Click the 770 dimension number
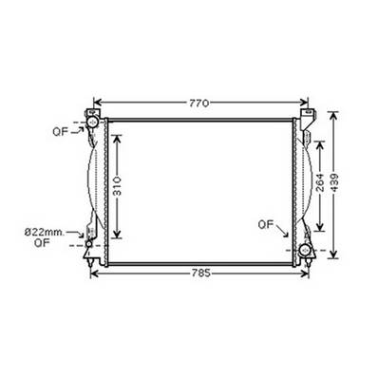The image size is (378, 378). coord(198,101)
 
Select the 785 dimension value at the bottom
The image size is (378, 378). coord(198,273)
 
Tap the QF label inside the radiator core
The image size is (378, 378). coord(267,224)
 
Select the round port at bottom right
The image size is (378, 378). coord(305,250)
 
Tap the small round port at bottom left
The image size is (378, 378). coord(89,246)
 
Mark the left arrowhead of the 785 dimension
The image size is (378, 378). coord(93,273)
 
